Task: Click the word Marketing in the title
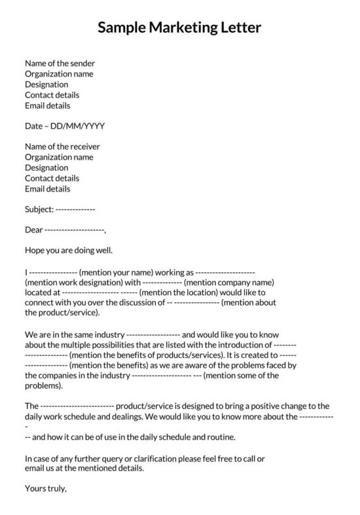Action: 186,28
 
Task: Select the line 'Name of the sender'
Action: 60,63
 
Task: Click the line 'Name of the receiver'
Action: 62,147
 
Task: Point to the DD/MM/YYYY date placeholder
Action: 82,126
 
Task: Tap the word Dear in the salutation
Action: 33,230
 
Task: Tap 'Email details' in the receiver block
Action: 47,189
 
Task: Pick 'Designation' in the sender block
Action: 46,84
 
